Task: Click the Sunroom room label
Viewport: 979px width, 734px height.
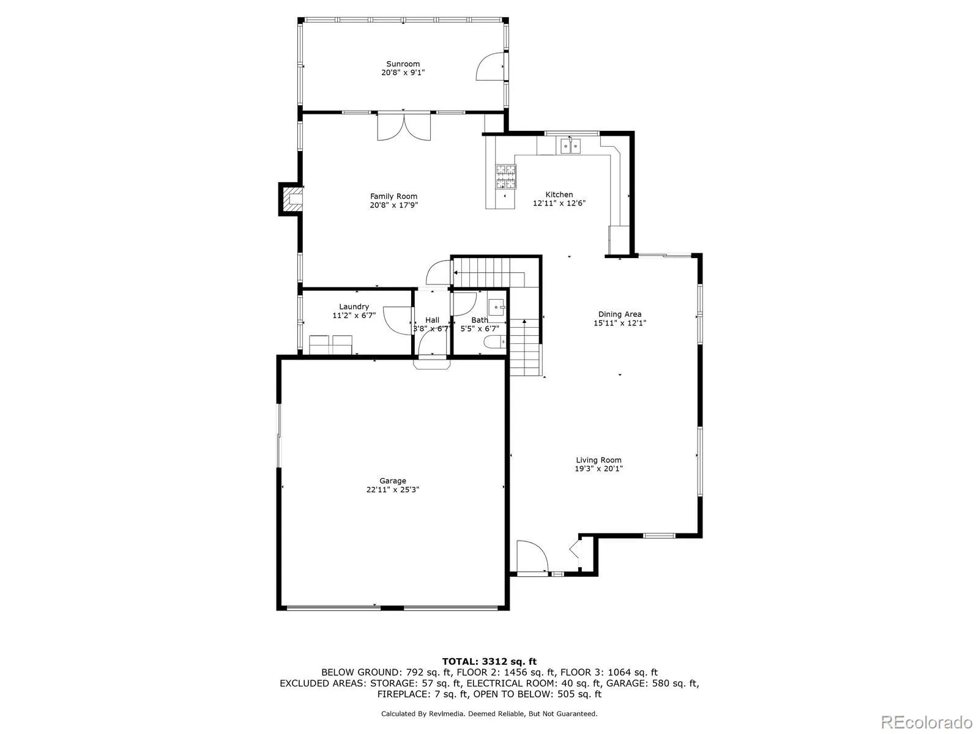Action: coord(403,64)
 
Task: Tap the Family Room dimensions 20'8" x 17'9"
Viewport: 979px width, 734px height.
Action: coord(393,205)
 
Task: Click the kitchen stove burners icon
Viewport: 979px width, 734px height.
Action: coord(505,176)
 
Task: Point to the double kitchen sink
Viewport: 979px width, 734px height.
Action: coord(570,146)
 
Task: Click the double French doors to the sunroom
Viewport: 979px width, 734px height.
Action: coord(404,126)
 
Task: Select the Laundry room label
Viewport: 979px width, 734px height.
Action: coord(354,306)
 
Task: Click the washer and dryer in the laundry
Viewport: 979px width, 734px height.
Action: coord(330,344)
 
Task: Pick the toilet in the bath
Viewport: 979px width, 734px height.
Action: coord(493,343)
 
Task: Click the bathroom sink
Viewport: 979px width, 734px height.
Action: coord(497,307)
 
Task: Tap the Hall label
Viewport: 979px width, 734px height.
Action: coord(432,320)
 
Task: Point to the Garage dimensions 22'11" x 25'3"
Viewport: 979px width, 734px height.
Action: coord(392,489)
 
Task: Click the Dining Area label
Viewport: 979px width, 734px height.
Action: coord(620,314)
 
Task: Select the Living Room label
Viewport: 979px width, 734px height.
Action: coord(598,460)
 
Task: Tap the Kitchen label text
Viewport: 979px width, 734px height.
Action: coord(559,195)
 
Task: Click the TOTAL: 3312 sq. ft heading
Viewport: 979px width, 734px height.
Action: coord(489,661)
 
